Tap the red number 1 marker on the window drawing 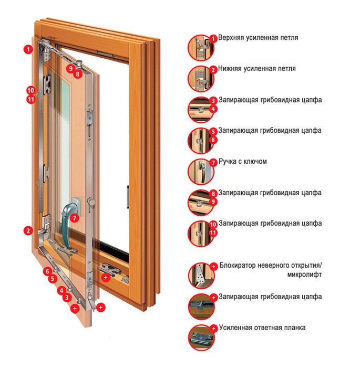(x=28, y=49)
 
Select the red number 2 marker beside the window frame (x=28, y=230)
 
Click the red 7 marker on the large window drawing (x=75, y=218)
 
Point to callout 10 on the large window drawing (x=31, y=90)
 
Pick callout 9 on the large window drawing (x=70, y=68)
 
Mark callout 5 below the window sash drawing (x=53, y=279)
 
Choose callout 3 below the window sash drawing (x=67, y=298)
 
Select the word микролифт (x=304, y=275)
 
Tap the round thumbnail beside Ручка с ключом (x=201, y=172)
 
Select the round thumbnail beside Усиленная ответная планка (x=201, y=338)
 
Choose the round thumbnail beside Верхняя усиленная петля (x=201, y=48)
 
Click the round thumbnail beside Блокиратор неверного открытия (x=201, y=276)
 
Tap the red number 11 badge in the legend (x=213, y=233)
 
